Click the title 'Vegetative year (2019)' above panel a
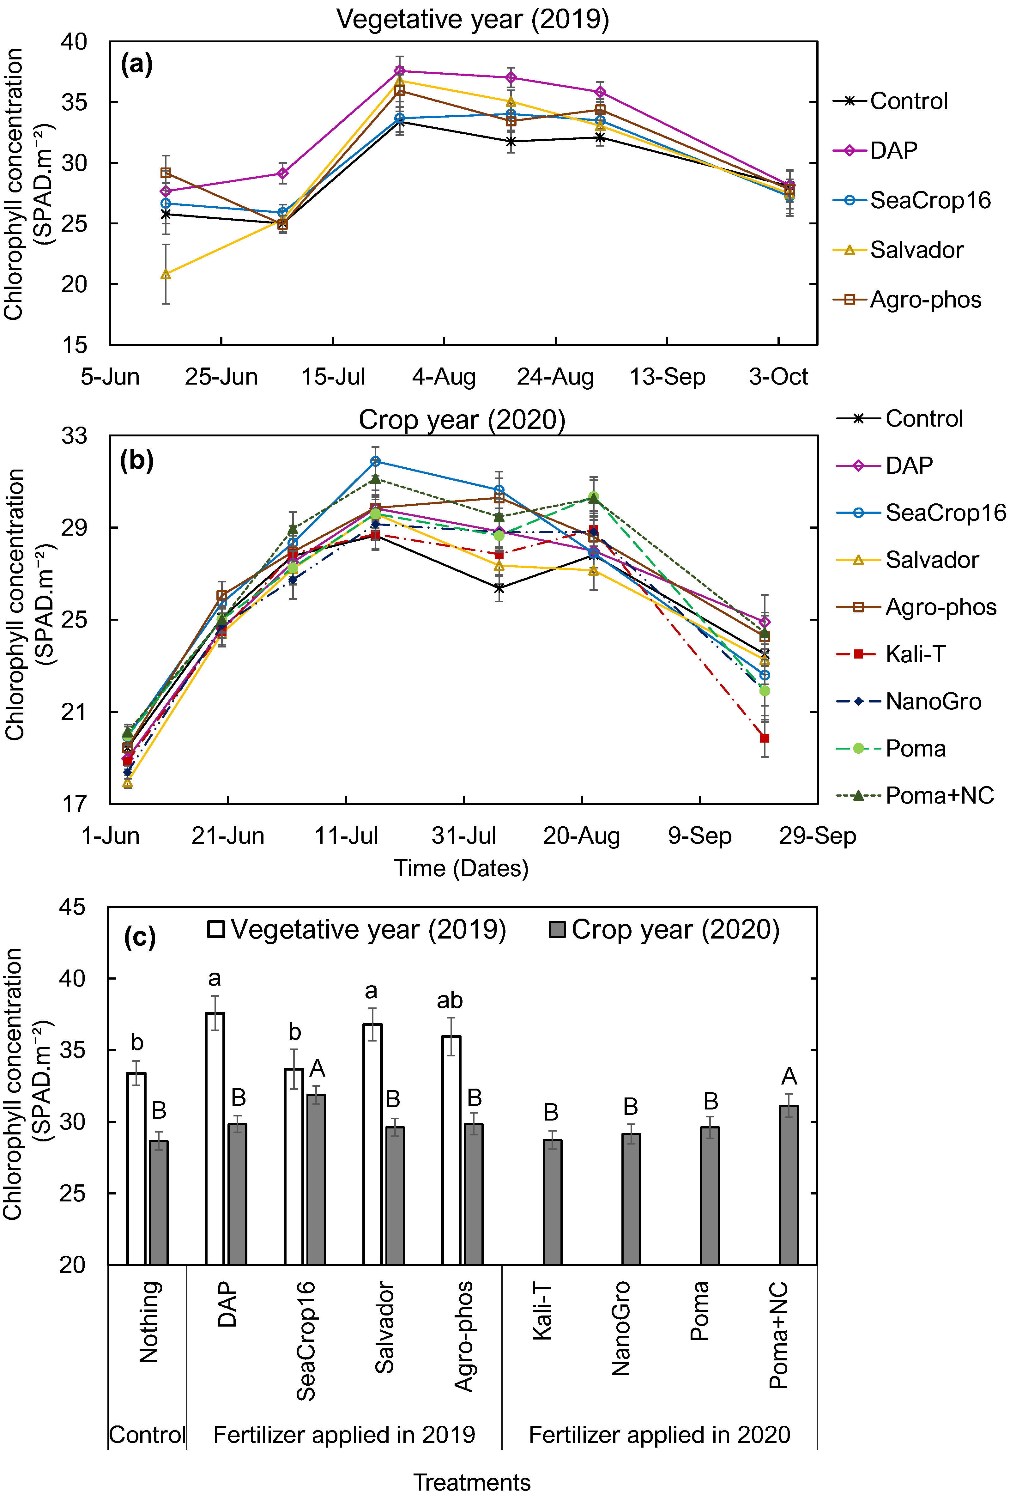(x=473, y=19)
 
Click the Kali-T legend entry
(x=891, y=654)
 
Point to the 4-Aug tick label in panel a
(x=444, y=376)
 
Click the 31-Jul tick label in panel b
(x=464, y=836)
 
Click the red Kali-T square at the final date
(x=764, y=738)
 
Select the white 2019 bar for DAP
(x=215, y=1139)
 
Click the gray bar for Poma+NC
(x=789, y=1186)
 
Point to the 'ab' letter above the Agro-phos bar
(x=450, y=1001)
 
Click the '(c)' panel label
(x=140, y=938)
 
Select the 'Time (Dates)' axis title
(x=461, y=868)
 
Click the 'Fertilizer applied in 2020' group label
(x=659, y=1435)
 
